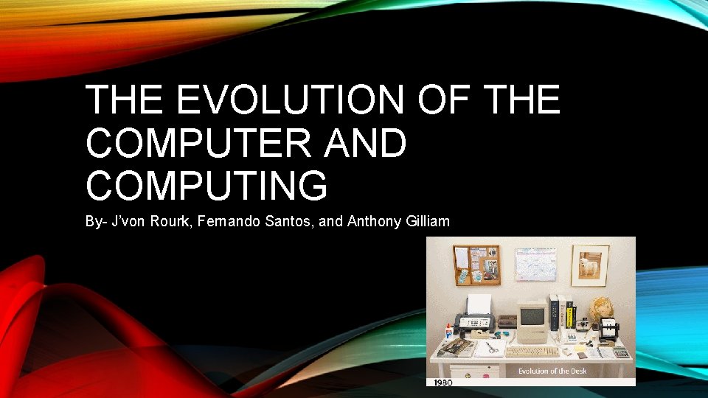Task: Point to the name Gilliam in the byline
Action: tap(427, 221)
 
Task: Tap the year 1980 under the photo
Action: tap(443, 382)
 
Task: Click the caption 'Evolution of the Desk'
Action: tap(552, 371)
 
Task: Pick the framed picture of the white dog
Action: tap(590, 265)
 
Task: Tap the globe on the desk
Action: tap(603, 309)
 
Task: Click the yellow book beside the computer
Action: tap(570, 317)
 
